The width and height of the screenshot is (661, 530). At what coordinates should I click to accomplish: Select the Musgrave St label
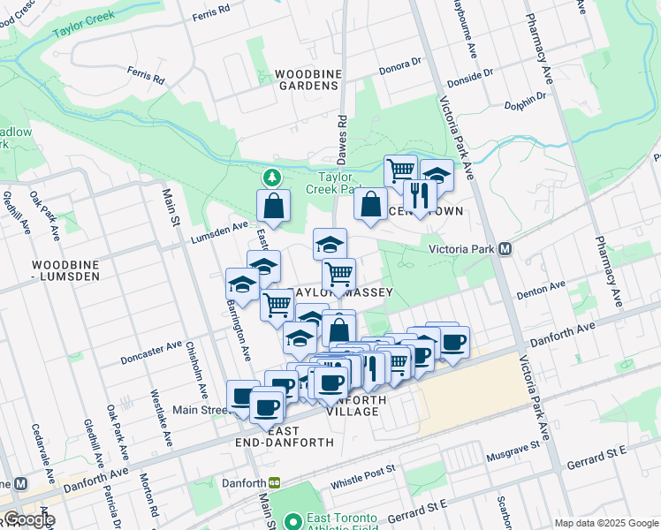pyautogui.click(x=513, y=450)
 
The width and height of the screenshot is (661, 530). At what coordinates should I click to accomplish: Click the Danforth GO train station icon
pyautogui.click(x=275, y=483)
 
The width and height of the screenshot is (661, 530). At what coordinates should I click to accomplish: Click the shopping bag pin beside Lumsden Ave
pyautogui.click(x=274, y=206)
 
